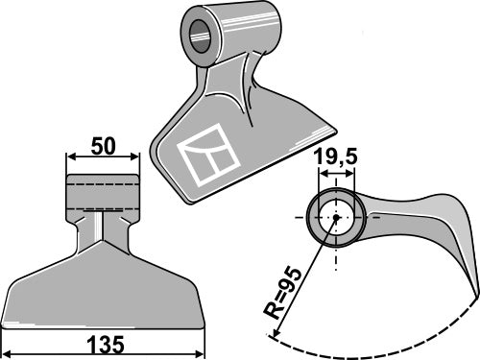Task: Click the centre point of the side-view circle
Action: click(x=337, y=217)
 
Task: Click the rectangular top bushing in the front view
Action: click(x=102, y=193)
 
